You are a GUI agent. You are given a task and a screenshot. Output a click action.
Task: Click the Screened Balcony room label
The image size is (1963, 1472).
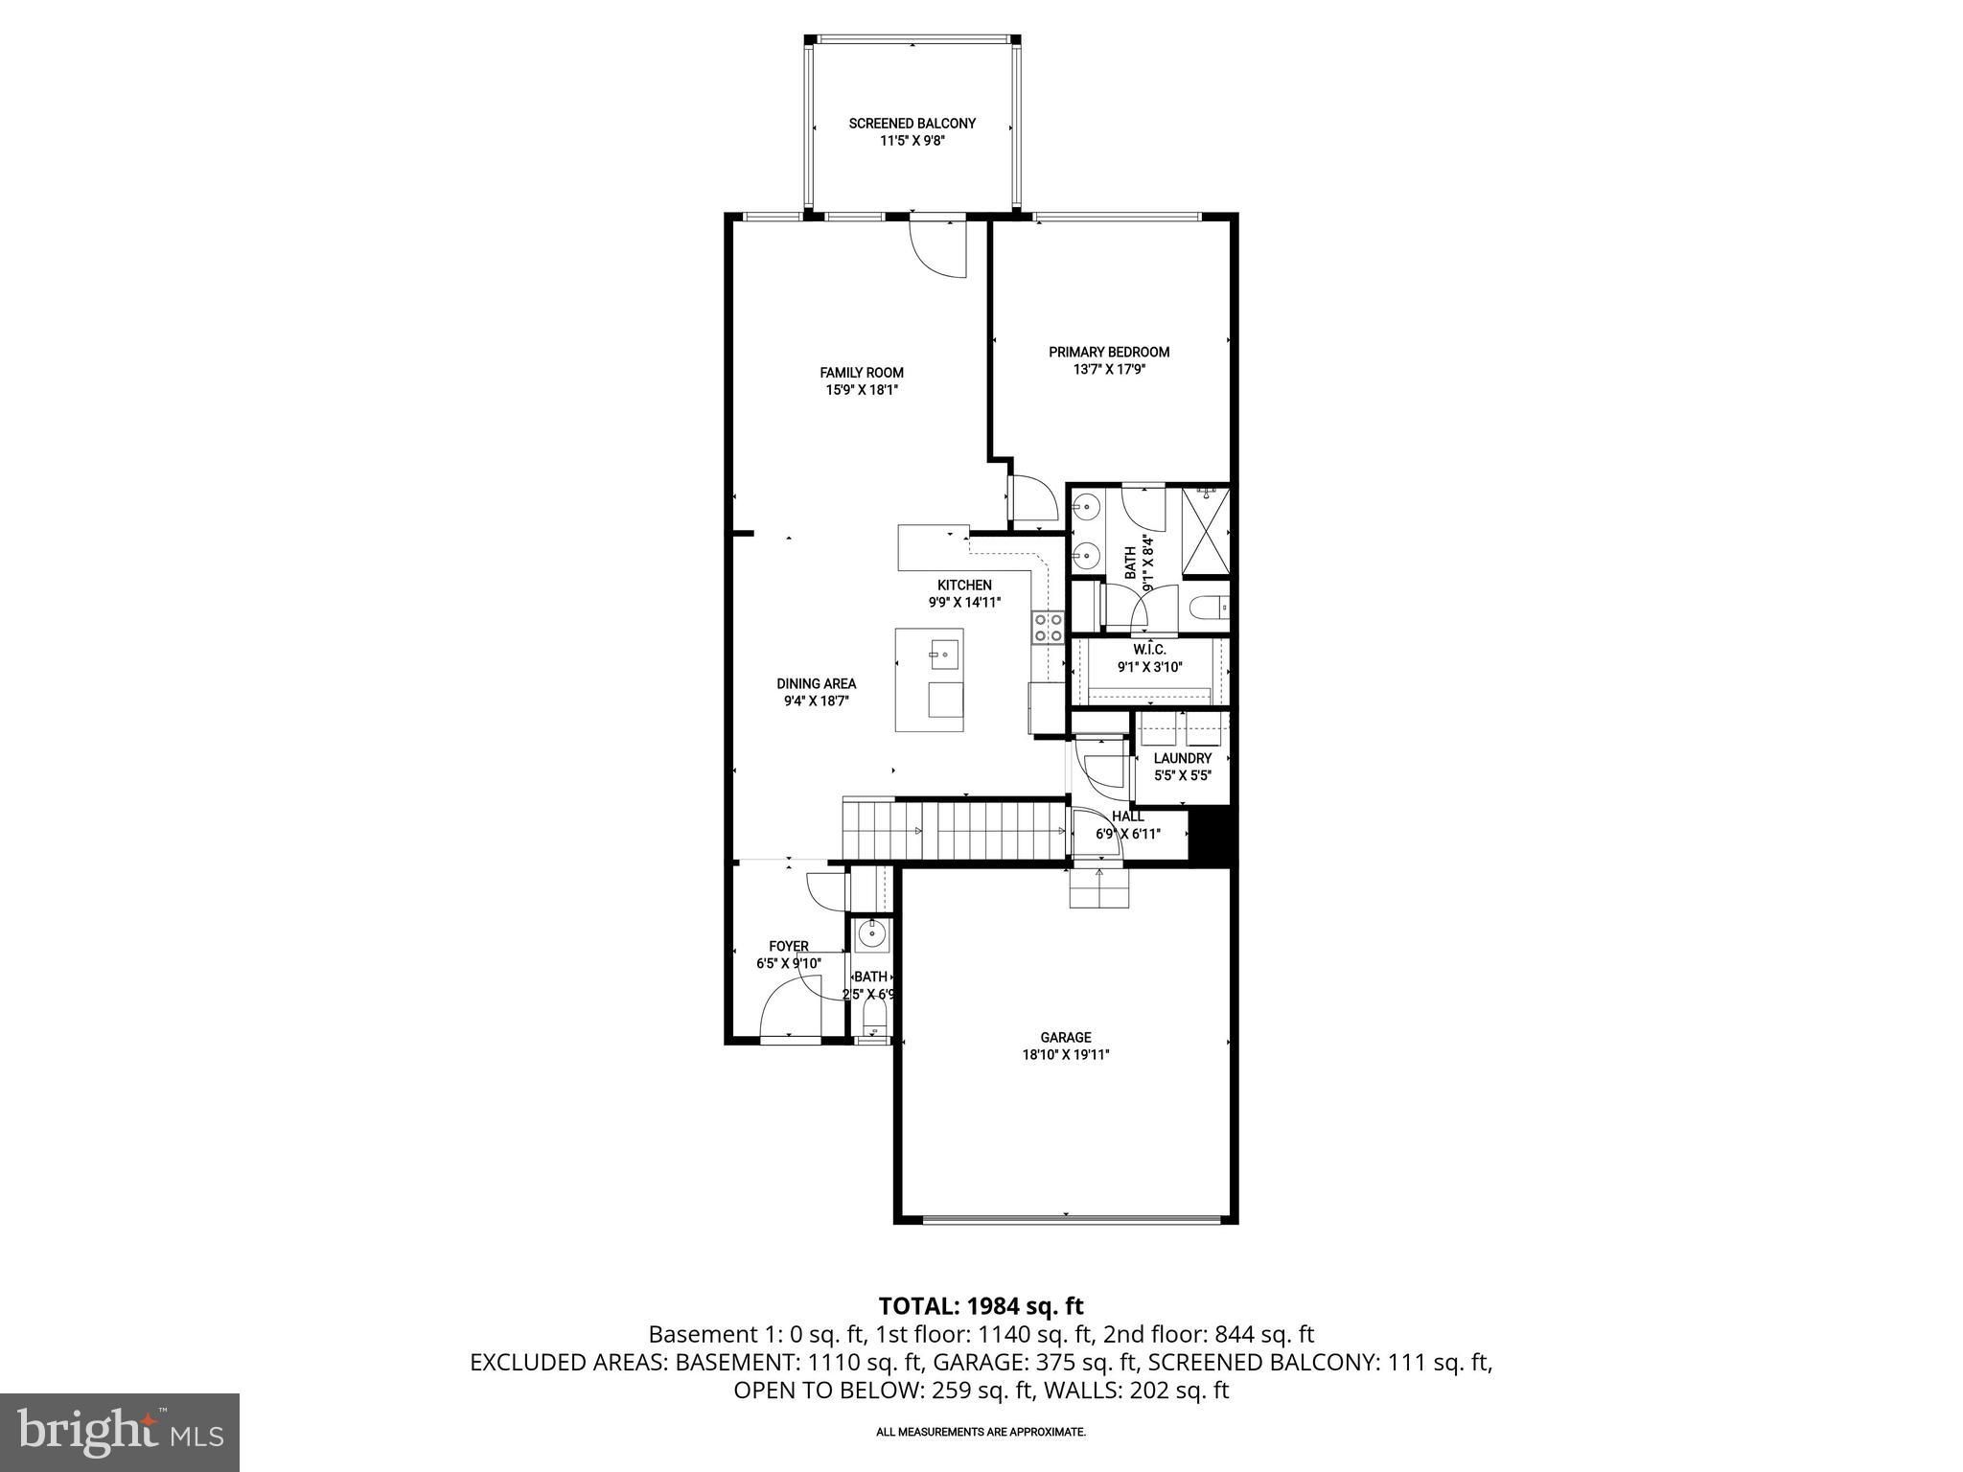point(912,124)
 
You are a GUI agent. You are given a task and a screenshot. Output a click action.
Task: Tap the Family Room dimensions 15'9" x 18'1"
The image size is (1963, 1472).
point(862,390)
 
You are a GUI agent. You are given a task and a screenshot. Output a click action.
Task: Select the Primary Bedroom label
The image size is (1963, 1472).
point(1109,352)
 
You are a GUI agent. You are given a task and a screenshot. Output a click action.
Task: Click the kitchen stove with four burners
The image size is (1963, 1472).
point(1048,627)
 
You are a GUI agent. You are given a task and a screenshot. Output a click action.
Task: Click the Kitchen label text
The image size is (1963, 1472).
point(964,585)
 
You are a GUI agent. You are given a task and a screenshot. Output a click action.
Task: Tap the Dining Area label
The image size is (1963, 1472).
point(816,683)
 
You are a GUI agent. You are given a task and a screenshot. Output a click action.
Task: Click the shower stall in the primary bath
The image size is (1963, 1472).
point(1205,531)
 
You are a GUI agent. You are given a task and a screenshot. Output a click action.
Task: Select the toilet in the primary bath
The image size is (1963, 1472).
point(1209,608)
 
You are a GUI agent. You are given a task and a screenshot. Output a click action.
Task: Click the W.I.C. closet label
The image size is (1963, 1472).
point(1148,650)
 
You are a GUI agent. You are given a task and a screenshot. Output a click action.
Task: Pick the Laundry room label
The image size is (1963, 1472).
point(1182,758)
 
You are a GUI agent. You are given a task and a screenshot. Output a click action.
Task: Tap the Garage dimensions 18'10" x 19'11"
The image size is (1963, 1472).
point(1065,1054)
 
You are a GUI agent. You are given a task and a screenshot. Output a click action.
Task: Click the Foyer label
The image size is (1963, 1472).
point(788,947)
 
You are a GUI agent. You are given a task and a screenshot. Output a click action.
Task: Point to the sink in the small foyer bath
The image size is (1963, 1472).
point(872,933)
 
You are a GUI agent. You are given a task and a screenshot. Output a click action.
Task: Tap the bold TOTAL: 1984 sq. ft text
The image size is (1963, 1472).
point(981,1305)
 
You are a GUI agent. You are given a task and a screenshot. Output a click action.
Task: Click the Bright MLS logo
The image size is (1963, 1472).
point(120,1432)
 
